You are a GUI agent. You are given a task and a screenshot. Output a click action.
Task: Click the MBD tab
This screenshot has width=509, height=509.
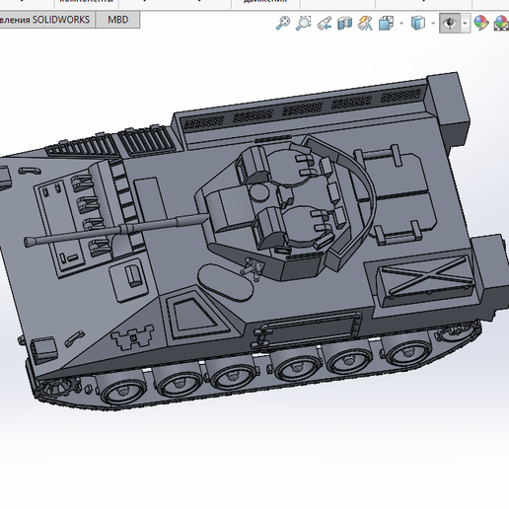click(x=117, y=20)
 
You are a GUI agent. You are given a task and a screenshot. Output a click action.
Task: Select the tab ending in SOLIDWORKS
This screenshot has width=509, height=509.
click(x=46, y=20)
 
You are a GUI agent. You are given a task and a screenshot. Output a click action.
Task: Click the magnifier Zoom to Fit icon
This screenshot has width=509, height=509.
click(x=283, y=23)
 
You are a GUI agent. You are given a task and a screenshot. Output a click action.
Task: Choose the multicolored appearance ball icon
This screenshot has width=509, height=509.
click(x=481, y=23)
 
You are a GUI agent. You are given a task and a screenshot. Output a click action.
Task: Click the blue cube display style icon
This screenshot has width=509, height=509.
click(x=418, y=23)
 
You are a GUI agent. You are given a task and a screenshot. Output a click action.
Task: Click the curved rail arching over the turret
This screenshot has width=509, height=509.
click(x=361, y=192)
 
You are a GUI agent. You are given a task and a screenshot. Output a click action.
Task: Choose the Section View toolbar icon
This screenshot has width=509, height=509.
click(x=345, y=23)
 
